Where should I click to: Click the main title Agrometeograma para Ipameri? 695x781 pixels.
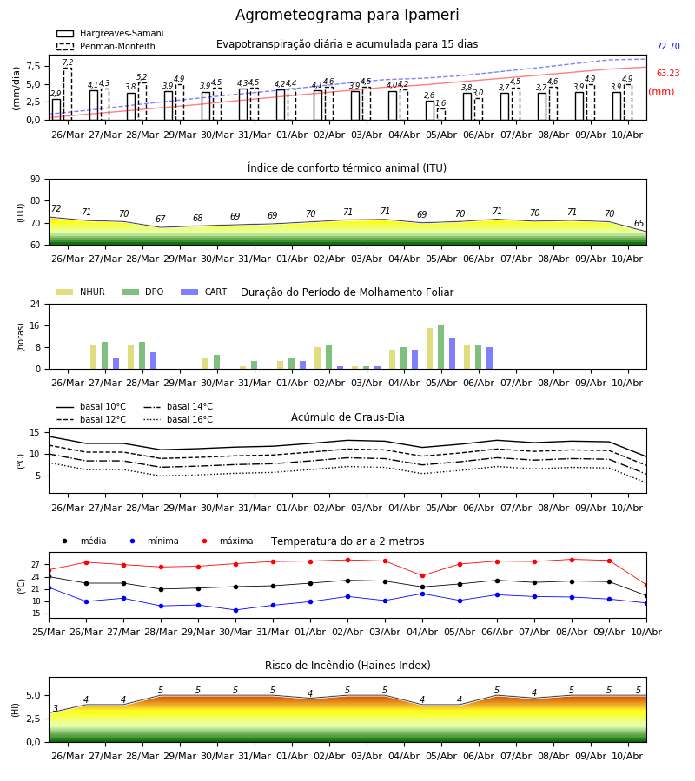coord(347,15)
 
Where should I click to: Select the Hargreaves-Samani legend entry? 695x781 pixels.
coord(109,33)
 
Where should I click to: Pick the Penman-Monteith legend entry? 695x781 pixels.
coord(106,46)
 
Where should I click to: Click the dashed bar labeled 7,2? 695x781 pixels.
coord(67,94)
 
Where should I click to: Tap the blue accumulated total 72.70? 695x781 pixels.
coord(668,46)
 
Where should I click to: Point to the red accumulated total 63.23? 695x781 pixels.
coord(668,73)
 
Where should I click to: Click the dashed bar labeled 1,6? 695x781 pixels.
coord(441,114)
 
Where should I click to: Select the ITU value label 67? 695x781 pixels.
coord(160,219)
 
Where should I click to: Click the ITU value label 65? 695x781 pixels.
coord(639,223)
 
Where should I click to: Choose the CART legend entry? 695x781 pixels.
coord(204,292)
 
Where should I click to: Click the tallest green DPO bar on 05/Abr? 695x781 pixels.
coord(440,347)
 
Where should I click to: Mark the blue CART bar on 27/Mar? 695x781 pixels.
coord(116,363)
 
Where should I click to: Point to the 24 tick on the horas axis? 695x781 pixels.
coord(36,304)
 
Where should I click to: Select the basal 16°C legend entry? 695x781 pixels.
coord(178,419)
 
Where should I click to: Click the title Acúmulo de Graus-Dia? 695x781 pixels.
coord(347,417)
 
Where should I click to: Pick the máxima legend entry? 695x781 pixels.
coord(224,541)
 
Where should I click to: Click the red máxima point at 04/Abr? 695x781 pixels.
coord(423,576)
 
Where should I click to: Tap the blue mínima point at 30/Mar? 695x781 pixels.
coord(235,610)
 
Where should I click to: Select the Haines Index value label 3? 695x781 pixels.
coord(56,708)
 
